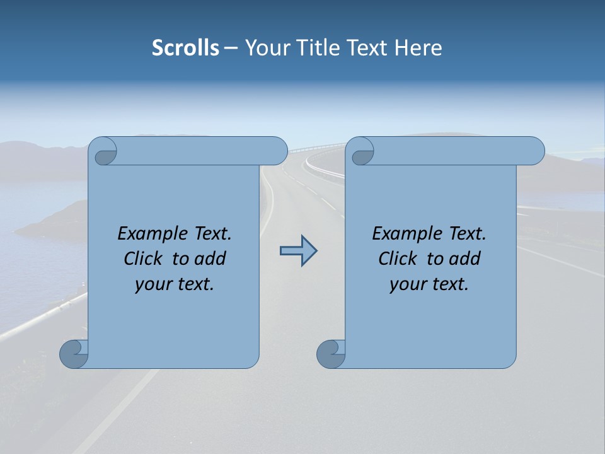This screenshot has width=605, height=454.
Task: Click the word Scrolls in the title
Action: pyautogui.click(x=185, y=48)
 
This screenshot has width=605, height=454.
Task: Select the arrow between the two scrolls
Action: pyautogui.click(x=298, y=251)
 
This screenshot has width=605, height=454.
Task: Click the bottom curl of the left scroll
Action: pyautogui.click(x=74, y=354)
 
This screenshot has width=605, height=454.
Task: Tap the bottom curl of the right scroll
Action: pyautogui.click(x=331, y=354)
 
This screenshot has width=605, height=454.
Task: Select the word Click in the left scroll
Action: pyautogui.click(x=142, y=259)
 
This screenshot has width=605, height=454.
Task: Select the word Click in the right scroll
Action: pyautogui.click(x=397, y=259)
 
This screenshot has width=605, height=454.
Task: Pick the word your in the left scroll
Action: pyautogui.click(x=153, y=285)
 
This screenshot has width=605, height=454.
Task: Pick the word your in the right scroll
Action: pyautogui.click(x=408, y=285)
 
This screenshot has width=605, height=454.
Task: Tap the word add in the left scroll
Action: pyautogui.click(x=211, y=259)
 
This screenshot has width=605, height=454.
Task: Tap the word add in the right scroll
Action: pyautogui.click(x=466, y=259)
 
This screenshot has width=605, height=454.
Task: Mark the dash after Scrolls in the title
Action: pyautogui.click(x=231, y=48)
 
